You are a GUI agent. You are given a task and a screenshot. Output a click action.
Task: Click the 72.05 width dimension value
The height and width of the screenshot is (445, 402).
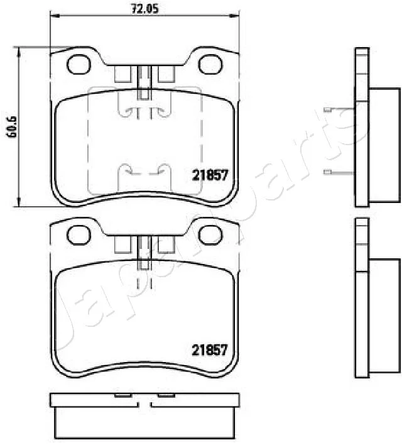(x=144, y=9)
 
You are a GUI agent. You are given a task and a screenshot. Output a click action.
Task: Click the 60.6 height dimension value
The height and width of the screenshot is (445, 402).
(x=13, y=127)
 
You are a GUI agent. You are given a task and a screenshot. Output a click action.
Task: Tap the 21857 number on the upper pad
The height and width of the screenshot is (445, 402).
(x=210, y=175)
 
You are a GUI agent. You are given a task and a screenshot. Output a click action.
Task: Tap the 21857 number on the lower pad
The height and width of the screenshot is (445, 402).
(x=210, y=350)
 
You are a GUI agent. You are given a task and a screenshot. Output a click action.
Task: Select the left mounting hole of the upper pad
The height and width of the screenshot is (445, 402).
(x=79, y=64)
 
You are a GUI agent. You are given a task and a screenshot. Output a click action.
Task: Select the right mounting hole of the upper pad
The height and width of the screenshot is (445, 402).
(x=210, y=64)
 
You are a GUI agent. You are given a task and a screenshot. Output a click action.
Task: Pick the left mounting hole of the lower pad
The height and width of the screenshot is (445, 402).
(x=79, y=235)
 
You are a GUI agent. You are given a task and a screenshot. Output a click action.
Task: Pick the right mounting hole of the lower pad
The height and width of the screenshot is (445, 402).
(x=210, y=235)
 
